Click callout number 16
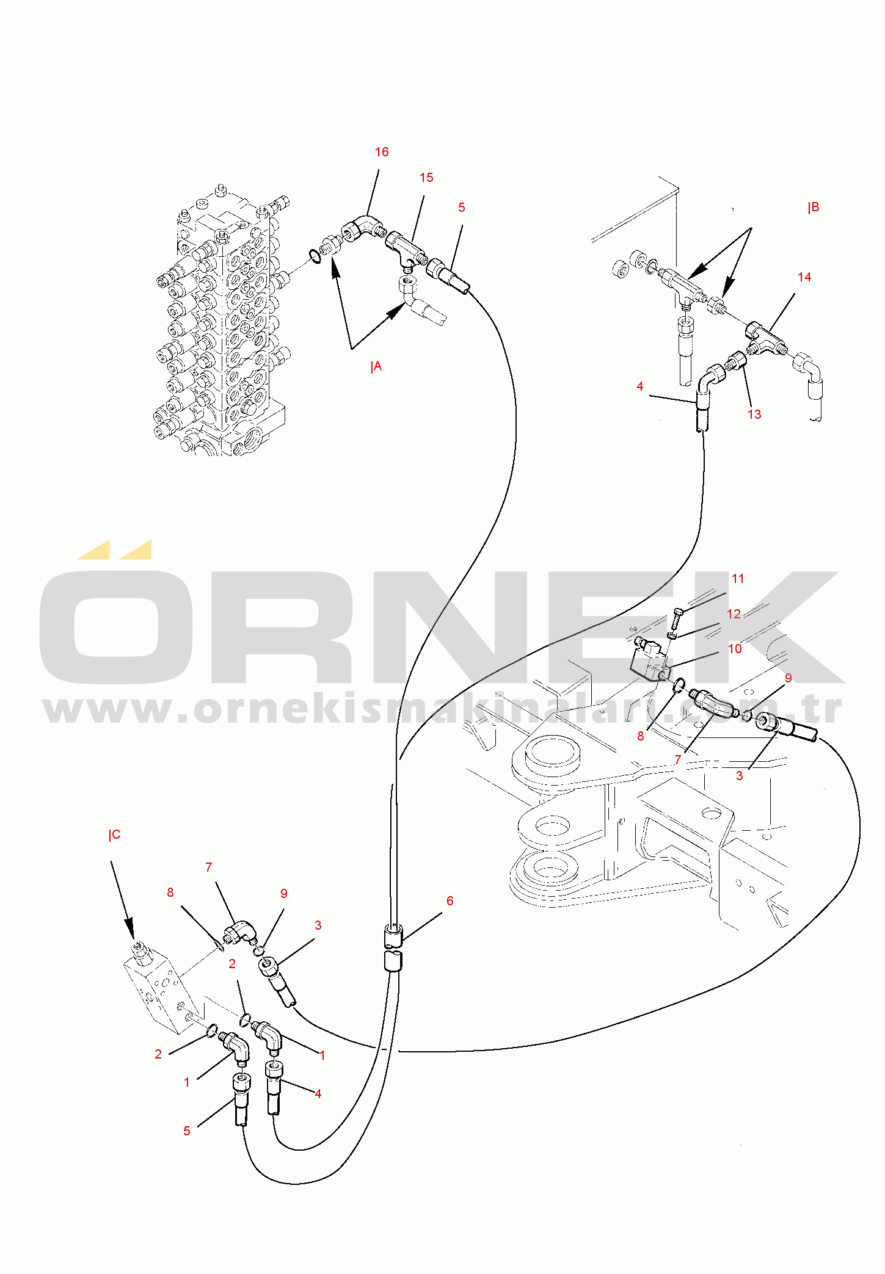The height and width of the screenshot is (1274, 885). (x=382, y=152)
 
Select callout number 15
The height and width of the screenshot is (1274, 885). (x=426, y=178)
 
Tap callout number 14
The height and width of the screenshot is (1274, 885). (x=804, y=277)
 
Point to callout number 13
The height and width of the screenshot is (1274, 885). (x=754, y=414)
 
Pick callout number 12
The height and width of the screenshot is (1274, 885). (x=734, y=614)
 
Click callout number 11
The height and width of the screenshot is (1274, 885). (x=738, y=579)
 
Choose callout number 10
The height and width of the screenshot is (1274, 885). (x=735, y=649)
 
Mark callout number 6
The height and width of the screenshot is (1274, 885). (x=450, y=901)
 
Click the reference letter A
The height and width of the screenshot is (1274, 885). (x=377, y=367)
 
